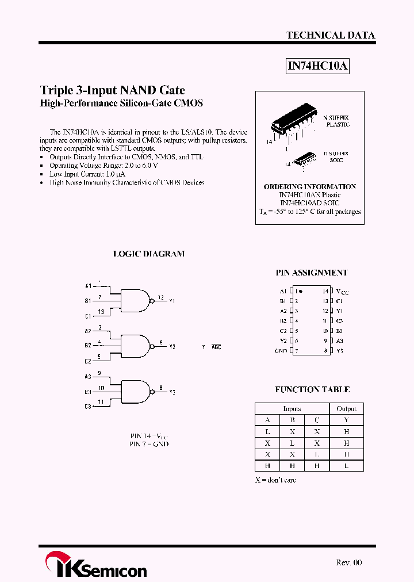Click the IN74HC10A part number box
point(318,66)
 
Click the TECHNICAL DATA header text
point(331,36)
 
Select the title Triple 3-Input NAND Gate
point(112,90)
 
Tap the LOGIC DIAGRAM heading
point(149,254)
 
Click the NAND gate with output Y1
point(136,300)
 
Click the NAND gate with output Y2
point(136,346)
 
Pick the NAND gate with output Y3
point(136,391)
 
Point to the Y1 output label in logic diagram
point(172,301)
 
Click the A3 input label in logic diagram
point(88,377)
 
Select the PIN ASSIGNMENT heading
point(312,273)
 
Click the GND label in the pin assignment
point(281,351)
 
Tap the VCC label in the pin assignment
point(342,292)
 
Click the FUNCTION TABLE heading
point(312,389)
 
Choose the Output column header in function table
point(346,409)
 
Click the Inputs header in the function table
point(292,409)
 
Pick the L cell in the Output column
point(346,465)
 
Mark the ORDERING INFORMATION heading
point(310,187)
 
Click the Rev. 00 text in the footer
point(349,562)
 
